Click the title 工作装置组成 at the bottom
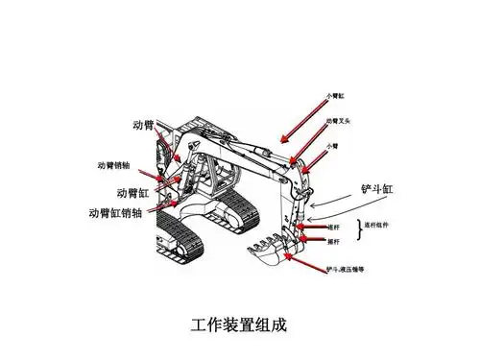coord(239,324)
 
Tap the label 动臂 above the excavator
coord(143,127)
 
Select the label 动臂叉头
coord(342,122)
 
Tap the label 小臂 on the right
coord(333,146)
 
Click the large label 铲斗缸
coord(375,188)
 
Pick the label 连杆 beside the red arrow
coord(334,228)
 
